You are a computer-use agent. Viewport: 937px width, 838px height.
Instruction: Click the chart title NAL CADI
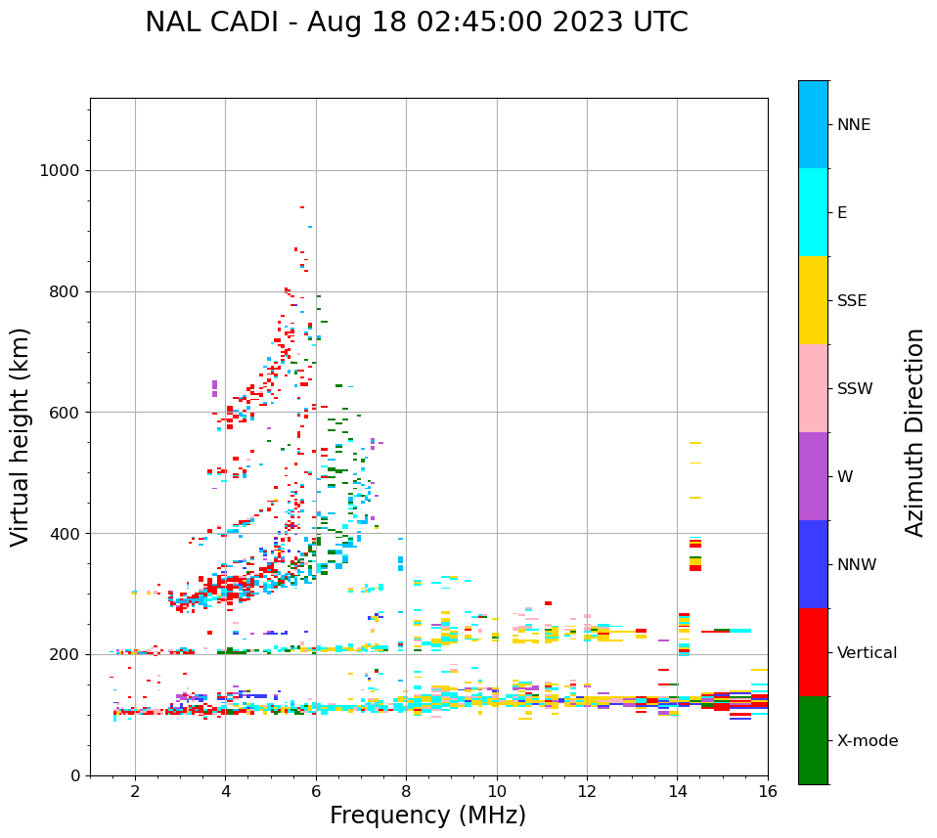(x=416, y=22)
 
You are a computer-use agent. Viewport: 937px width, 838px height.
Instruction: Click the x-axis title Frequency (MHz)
(x=427, y=816)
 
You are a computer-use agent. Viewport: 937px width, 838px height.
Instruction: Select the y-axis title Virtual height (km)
(x=21, y=436)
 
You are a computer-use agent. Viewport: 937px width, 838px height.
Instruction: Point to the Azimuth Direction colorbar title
(x=915, y=431)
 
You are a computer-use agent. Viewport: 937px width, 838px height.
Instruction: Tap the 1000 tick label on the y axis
(x=59, y=171)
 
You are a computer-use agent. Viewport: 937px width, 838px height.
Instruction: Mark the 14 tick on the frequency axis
(x=677, y=790)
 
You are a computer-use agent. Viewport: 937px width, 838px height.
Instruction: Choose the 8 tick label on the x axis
(x=406, y=790)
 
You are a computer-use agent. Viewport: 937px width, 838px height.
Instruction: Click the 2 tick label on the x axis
(x=135, y=790)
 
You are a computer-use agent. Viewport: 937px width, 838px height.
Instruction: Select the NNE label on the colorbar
(x=853, y=125)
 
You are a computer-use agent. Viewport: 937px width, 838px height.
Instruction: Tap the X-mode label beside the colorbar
(x=867, y=741)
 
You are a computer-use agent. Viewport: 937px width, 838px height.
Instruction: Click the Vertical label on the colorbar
(x=867, y=653)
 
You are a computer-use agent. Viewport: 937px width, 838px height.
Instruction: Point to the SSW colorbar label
(x=855, y=389)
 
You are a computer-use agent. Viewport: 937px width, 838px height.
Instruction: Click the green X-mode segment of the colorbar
(x=813, y=740)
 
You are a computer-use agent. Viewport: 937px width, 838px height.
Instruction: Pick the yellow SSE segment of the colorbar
(x=813, y=300)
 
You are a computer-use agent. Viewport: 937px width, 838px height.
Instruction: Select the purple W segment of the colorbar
(x=813, y=476)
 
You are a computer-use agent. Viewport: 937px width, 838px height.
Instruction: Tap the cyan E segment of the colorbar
(x=813, y=212)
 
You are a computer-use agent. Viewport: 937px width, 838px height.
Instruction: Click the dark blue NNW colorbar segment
(x=813, y=564)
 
